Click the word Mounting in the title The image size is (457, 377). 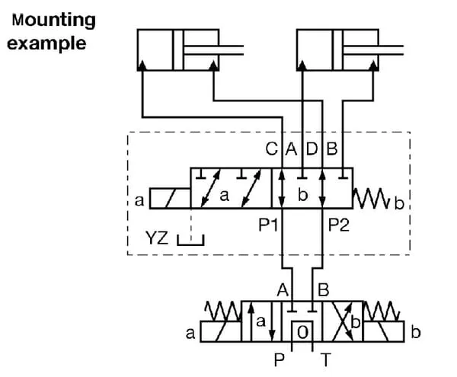pyautogui.click(x=54, y=21)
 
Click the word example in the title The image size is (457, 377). pyautogui.click(x=46, y=43)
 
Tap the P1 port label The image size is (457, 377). pyautogui.click(x=268, y=225)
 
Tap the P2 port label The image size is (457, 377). pyautogui.click(x=339, y=225)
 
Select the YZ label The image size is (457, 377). pyautogui.click(x=157, y=238)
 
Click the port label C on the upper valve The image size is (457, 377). pyautogui.click(x=272, y=149)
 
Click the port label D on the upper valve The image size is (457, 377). pyautogui.click(x=312, y=149)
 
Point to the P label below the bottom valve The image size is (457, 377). pyautogui.click(x=280, y=359)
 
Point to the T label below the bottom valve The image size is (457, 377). pyautogui.click(x=325, y=359)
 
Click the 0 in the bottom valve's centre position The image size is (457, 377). pyautogui.click(x=302, y=332)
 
